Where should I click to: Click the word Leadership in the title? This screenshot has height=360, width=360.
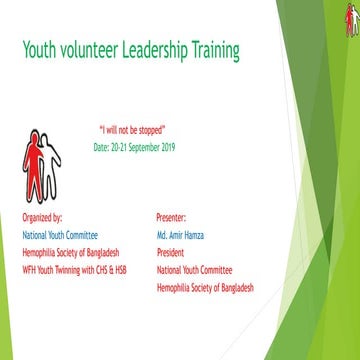pyautogui.click(x=151, y=50)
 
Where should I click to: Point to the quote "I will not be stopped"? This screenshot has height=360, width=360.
pyautogui.click(x=132, y=131)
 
